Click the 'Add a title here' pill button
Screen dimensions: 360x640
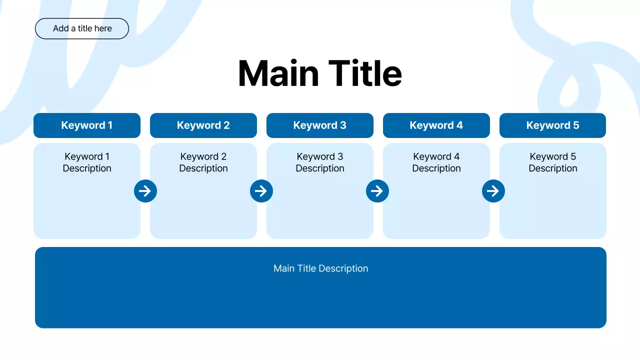click(82, 28)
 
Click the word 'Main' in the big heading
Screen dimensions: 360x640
click(278, 73)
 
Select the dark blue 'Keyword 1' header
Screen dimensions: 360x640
click(87, 125)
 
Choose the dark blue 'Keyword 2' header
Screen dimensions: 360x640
click(203, 125)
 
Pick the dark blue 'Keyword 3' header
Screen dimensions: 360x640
click(320, 125)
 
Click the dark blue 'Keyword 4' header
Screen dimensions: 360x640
click(436, 125)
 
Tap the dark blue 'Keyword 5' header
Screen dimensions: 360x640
click(552, 125)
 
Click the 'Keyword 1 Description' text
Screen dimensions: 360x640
click(87, 162)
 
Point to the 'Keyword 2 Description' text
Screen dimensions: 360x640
click(203, 162)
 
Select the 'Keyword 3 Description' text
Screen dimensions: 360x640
click(320, 162)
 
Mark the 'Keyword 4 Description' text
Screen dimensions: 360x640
click(436, 162)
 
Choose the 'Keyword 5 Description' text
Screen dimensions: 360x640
click(553, 162)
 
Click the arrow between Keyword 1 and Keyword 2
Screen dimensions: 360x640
click(145, 191)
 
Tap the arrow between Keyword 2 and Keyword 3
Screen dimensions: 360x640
click(261, 191)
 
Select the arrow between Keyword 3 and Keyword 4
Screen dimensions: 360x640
click(377, 191)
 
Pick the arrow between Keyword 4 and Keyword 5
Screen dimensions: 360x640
click(493, 191)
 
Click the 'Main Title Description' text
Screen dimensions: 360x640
click(320, 268)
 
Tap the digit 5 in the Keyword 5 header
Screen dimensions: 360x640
click(576, 125)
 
